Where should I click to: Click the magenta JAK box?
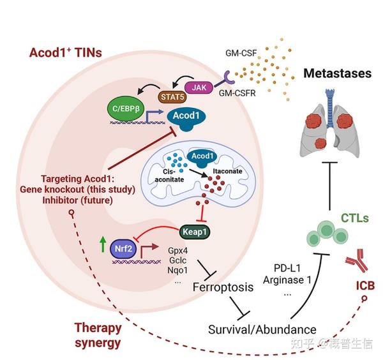(x=199, y=87)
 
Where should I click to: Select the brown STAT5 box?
(x=172, y=97)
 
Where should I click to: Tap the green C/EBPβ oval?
(x=126, y=109)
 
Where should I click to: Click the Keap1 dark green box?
(x=195, y=232)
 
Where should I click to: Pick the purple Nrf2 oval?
(x=123, y=249)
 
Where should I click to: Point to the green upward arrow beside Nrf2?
(x=103, y=244)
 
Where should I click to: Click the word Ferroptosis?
(x=223, y=287)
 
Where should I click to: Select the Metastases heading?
(x=337, y=73)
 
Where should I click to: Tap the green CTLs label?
(x=355, y=218)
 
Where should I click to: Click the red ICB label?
(x=365, y=285)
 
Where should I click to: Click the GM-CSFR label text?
(x=237, y=93)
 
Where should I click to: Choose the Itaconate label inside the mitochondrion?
(x=227, y=171)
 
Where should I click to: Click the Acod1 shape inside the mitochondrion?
(x=202, y=158)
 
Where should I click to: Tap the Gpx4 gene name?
(x=178, y=251)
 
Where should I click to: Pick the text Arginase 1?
(x=287, y=280)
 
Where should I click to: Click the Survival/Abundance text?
(x=262, y=330)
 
